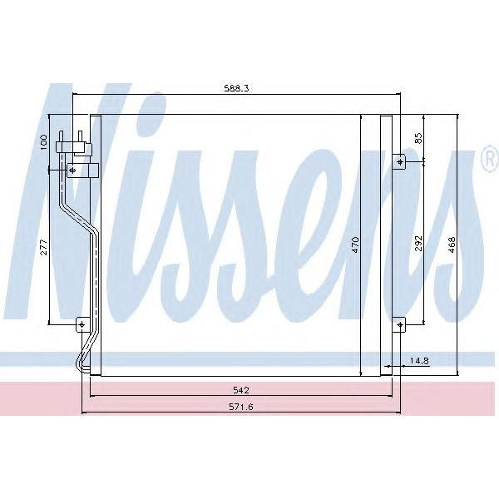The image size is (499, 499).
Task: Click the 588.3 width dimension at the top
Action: [x=238, y=86]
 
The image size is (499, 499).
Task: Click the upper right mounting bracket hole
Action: [x=400, y=161]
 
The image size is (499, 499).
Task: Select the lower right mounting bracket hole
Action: [x=400, y=324]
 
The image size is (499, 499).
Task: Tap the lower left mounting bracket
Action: [x=82, y=324]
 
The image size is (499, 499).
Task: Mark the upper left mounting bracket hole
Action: [x=73, y=170]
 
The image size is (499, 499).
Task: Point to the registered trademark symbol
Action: [x=488, y=161]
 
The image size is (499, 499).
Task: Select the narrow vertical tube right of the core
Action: [x=386, y=245]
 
